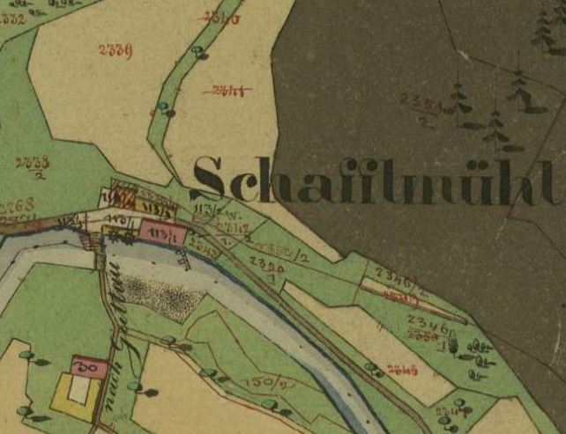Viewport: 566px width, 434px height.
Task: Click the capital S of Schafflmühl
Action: coord(209,178)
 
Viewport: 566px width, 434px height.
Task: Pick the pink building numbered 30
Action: coord(89,364)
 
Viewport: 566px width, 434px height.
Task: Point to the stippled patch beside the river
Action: coord(163,295)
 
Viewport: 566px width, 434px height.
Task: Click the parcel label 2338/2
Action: coord(36,166)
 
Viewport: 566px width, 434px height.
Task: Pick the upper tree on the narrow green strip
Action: coord(200,51)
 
